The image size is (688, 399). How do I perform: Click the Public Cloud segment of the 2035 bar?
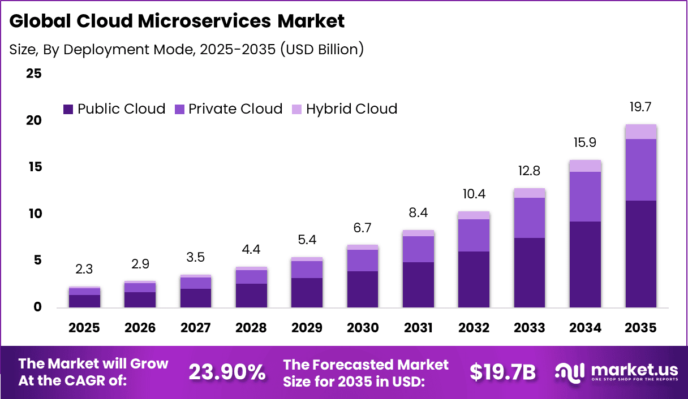pos(640,254)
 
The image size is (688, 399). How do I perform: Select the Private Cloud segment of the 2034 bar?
pos(585,196)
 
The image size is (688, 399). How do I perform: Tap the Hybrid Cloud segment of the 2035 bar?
pos(640,131)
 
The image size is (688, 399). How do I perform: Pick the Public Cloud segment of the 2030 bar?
pos(362,289)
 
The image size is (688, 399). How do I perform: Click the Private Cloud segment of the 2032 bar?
pos(474,235)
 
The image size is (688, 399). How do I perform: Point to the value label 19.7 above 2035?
pos(640,107)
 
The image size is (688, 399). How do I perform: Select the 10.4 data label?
pos(474,194)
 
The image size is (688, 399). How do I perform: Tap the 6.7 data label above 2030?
pos(362,228)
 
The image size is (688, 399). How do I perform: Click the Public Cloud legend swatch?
pos(68,109)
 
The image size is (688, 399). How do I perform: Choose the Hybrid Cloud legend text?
pos(351,109)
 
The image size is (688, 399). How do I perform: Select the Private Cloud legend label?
pos(235,109)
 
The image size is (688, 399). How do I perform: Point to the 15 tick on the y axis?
pos(34,167)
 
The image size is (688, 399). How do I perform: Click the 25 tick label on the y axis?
pos(34,74)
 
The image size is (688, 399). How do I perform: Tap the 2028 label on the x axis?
pos(251,328)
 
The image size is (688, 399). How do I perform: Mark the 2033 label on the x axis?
pos(530,328)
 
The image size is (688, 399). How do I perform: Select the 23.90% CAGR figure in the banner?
pos(227,372)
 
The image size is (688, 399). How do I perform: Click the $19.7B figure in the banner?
pos(502,372)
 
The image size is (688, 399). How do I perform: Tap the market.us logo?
pos(616,372)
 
